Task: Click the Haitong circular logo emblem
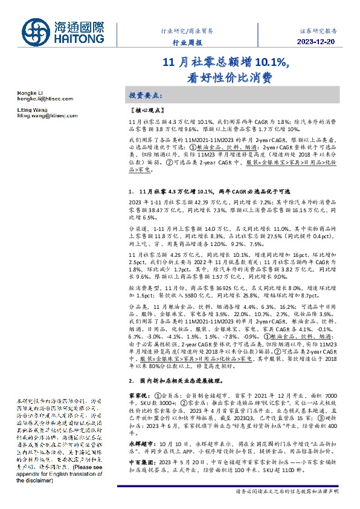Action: tap(34, 30)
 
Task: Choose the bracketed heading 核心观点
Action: tap(146, 111)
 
